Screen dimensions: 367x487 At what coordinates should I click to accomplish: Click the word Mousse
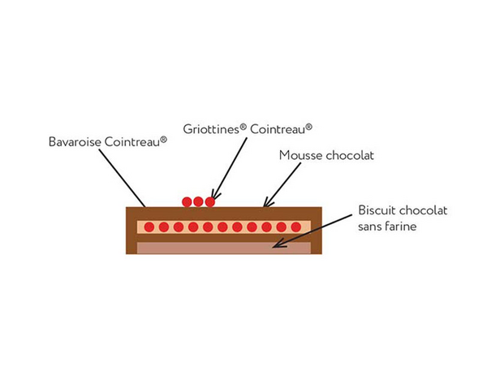point(300,155)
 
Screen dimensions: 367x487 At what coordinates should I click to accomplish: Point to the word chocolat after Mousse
point(348,155)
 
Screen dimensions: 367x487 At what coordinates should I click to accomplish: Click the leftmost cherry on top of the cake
point(187,201)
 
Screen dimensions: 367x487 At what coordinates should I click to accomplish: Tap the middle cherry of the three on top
point(198,201)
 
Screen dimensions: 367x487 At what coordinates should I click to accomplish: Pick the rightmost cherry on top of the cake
point(209,201)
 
